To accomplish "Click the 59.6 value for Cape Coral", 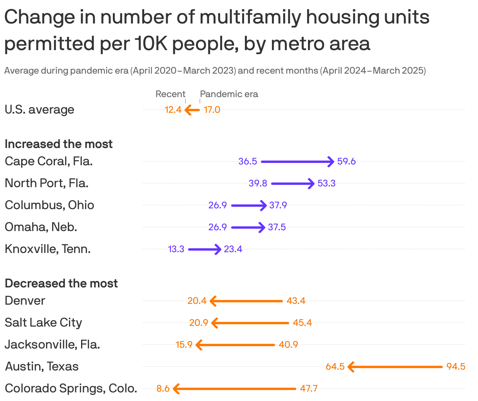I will coord(346,161).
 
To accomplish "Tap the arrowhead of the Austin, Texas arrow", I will coord(351,367).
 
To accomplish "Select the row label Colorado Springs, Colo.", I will coord(71,388).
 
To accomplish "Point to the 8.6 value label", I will coord(163,388).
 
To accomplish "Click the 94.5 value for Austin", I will coord(456,367).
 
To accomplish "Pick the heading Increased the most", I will coord(59,144).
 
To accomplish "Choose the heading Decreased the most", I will coord(61,284).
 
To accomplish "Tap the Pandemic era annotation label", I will coord(229,94).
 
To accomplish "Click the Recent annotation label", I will coord(170,94).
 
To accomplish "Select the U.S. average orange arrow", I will coord(192,110).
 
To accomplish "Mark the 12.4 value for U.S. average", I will coord(173,110).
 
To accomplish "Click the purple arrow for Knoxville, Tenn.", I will coord(205,249).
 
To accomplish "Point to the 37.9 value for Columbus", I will coord(278,205).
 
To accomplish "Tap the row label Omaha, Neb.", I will coord(41,227).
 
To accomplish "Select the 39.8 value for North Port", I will coord(258,183).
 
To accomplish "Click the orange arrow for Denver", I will coord(246,301).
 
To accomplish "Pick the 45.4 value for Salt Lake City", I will coord(302,323).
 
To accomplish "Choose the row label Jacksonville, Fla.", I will coord(53,345).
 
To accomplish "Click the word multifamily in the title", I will coord(243,18).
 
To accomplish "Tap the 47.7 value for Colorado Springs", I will coord(309,388).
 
